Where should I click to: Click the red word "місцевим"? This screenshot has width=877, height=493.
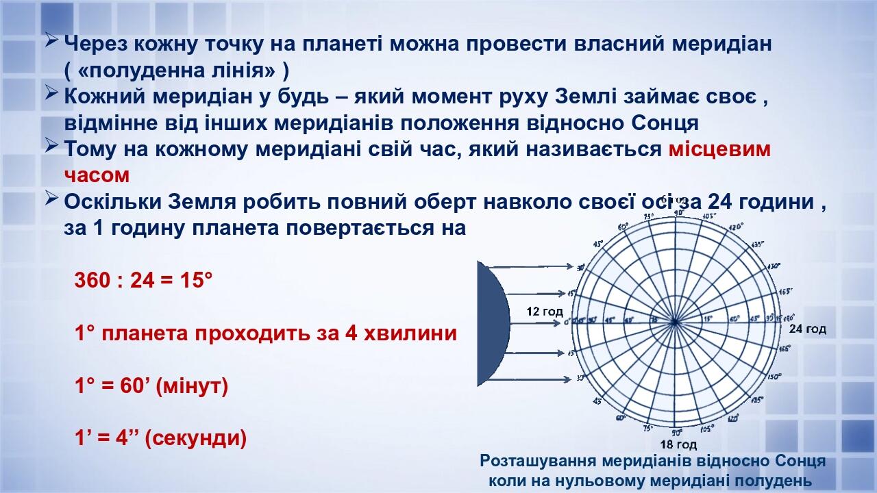coord(719,149)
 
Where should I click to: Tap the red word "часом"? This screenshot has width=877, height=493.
coord(97,175)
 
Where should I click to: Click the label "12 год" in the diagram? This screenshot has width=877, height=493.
coord(544,312)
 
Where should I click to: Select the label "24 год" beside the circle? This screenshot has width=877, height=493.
coord(807,329)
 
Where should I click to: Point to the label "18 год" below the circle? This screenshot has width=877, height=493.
coord(673,444)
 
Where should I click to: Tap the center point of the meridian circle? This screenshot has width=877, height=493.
coord(675,320)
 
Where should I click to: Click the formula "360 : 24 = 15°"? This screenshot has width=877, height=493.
coord(144,280)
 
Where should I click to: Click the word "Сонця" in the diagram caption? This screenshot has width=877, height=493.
coord(801,461)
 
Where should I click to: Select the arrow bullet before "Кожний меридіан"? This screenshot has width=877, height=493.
coord(51,94)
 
